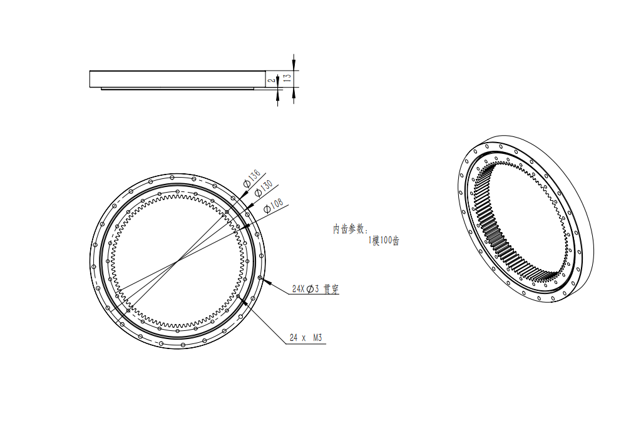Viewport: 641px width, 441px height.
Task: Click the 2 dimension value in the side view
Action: click(270, 80)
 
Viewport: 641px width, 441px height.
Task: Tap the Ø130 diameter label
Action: click(264, 188)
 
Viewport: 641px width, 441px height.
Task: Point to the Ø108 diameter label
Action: click(274, 205)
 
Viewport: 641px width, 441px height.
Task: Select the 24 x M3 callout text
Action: click(305, 338)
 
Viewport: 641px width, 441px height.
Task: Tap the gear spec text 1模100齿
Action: click(384, 240)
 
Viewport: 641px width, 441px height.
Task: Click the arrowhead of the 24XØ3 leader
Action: click(267, 281)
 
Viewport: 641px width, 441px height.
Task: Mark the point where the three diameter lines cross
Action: click(178, 261)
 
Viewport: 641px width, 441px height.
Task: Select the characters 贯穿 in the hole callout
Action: click(331, 289)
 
